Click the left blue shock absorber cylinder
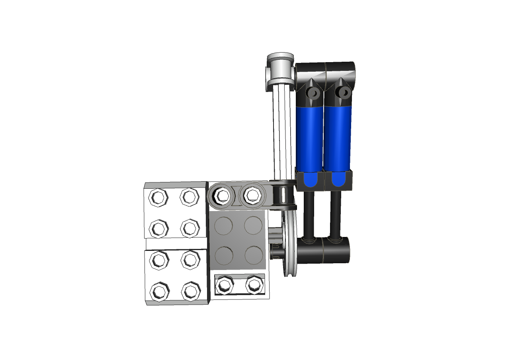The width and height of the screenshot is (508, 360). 309,137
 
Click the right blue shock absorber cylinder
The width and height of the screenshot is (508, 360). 338,137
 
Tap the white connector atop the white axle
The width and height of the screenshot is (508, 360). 281,70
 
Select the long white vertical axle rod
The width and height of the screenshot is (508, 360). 283,131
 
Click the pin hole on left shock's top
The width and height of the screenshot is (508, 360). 314,93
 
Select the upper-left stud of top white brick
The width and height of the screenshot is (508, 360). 158,197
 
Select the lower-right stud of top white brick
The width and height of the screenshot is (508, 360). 190,228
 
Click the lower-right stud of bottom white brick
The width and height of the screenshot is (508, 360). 190,291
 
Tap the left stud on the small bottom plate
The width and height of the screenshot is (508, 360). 224,284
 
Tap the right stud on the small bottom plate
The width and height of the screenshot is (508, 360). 254,284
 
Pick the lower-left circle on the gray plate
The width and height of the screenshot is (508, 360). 223,255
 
